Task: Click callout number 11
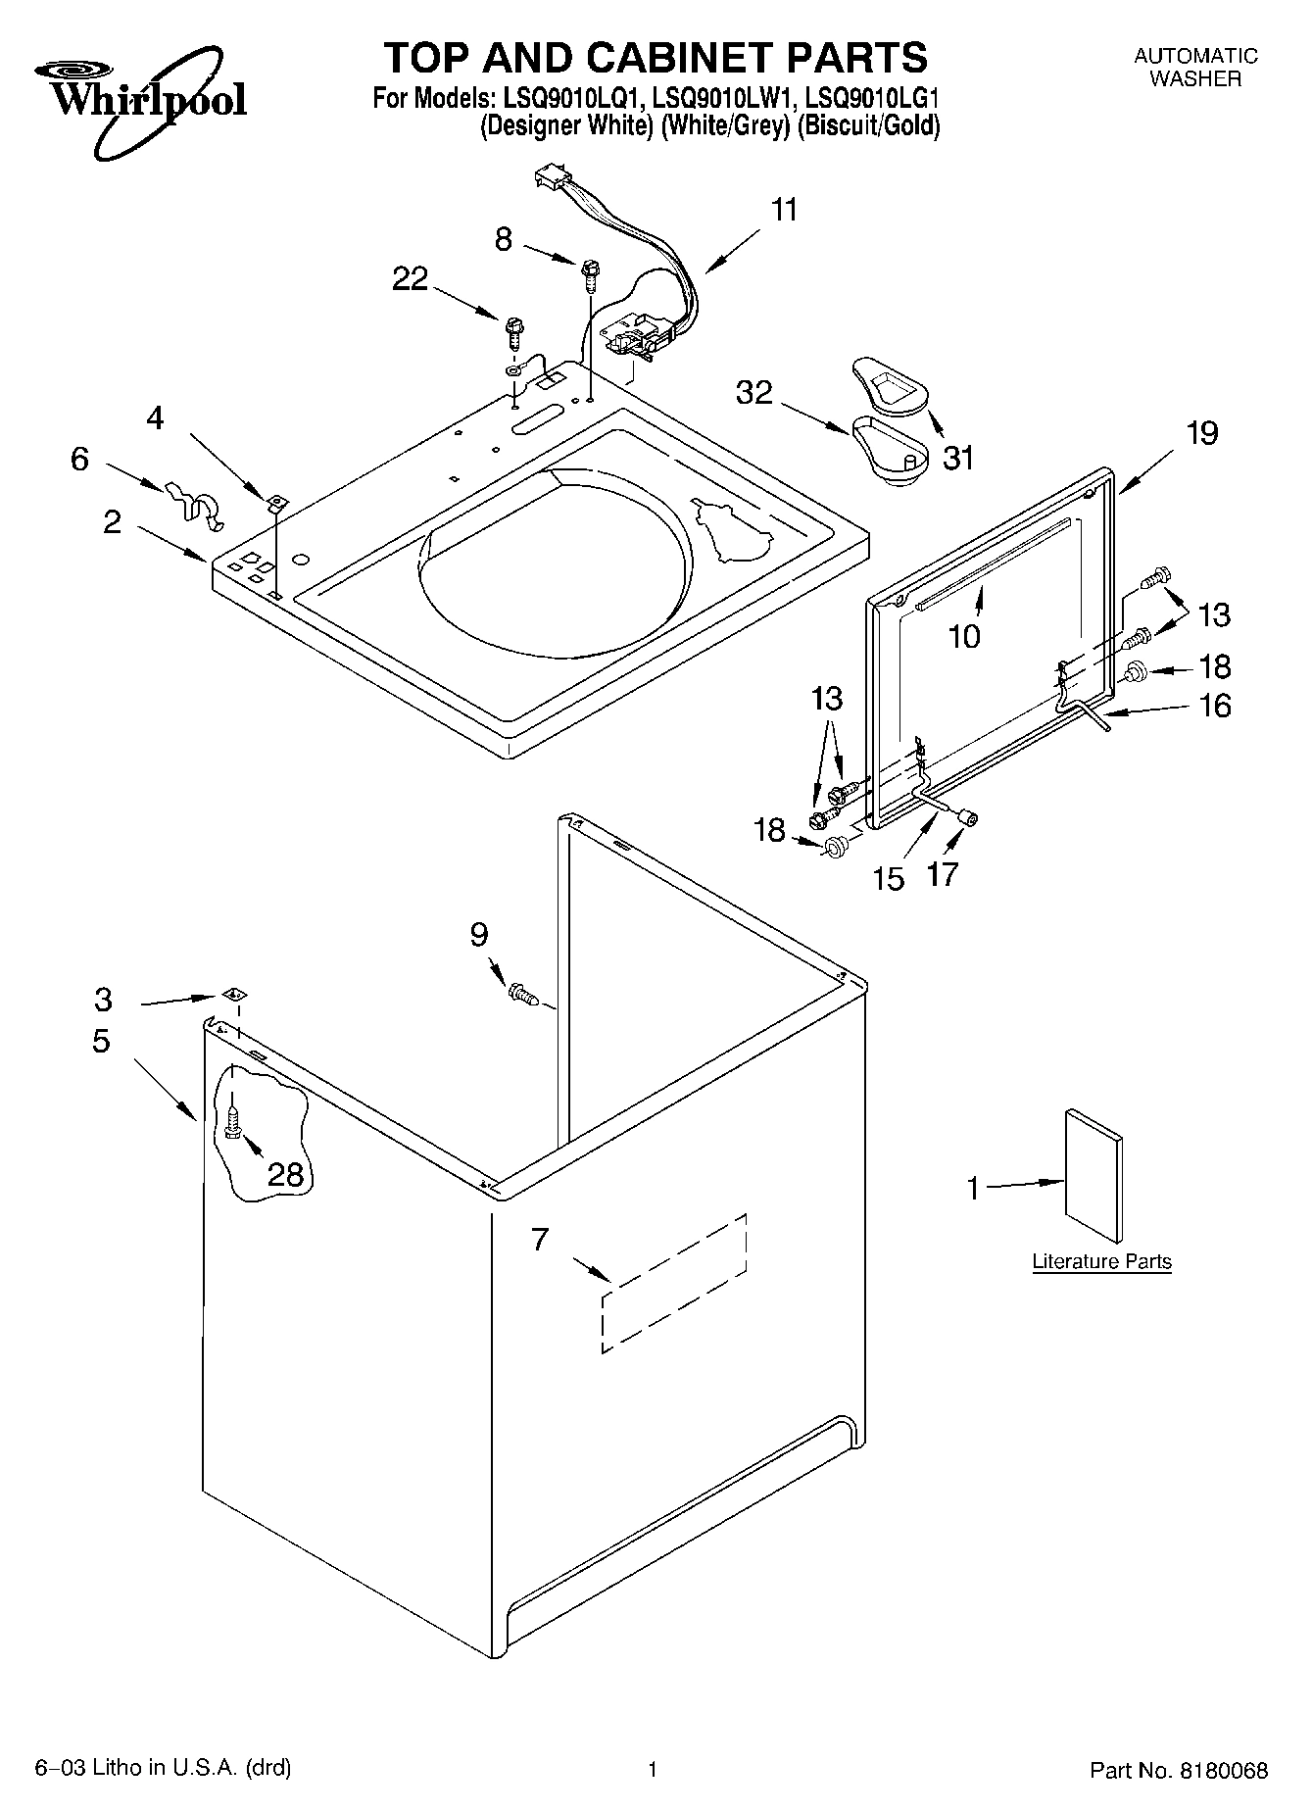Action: tap(784, 211)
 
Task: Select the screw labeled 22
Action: tap(513, 330)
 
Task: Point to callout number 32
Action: tap(754, 393)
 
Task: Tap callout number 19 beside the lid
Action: tap(1201, 433)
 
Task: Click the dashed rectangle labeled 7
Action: tap(674, 1283)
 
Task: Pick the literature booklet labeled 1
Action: tap(1093, 1176)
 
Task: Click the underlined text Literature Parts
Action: tap(1101, 1261)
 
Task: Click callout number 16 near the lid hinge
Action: tap(1215, 706)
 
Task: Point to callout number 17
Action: tap(943, 873)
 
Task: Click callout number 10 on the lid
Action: tap(964, 637)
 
